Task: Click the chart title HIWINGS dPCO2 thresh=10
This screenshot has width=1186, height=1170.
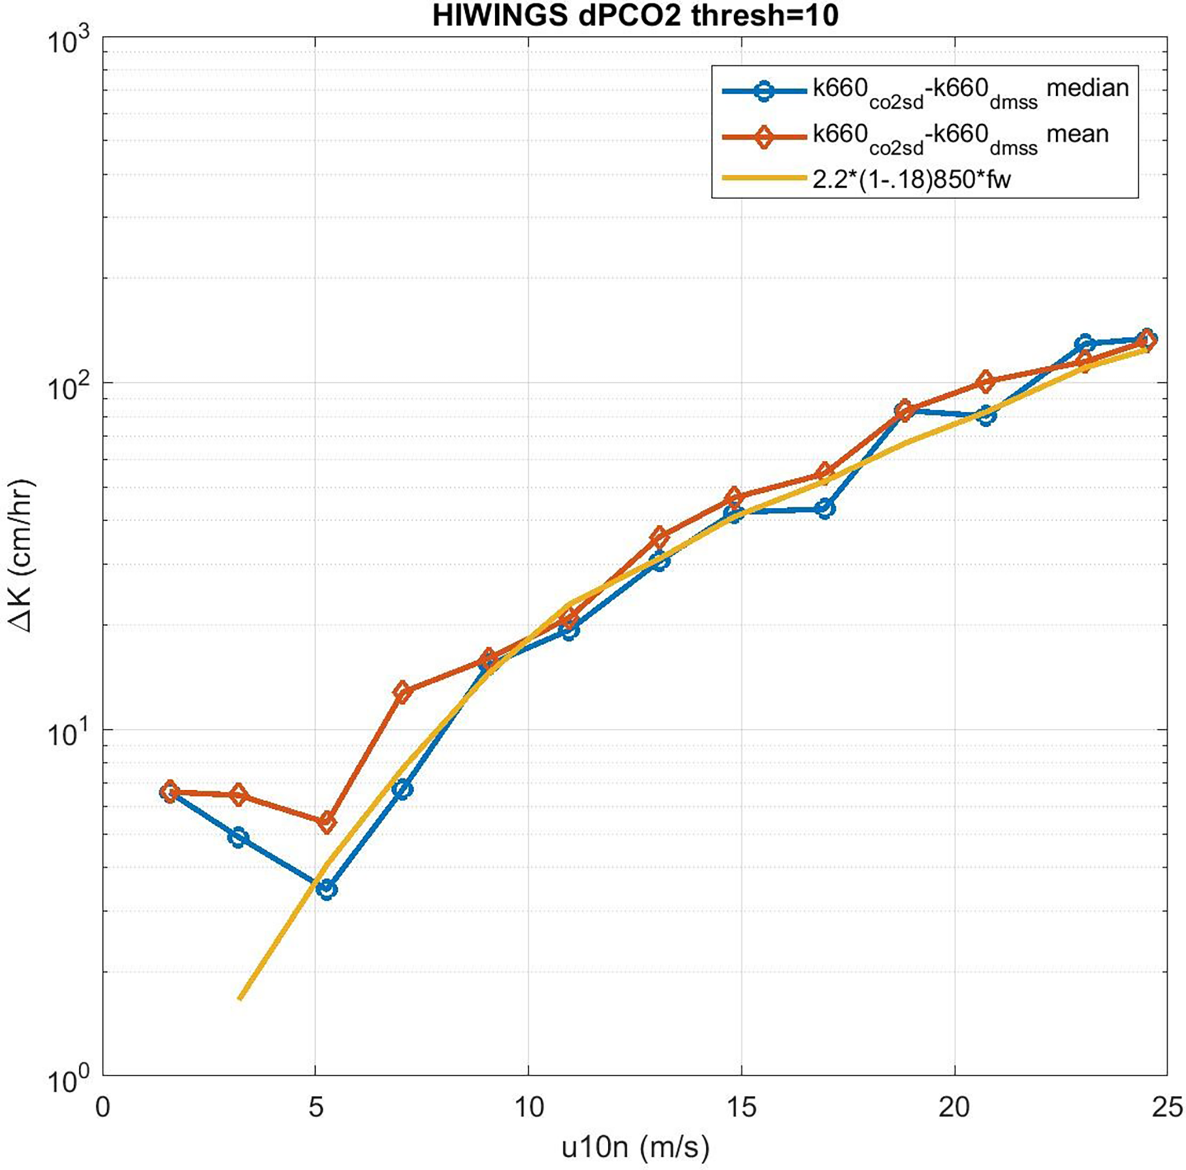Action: (635, 17)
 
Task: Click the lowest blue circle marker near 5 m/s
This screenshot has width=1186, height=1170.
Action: (327, 889)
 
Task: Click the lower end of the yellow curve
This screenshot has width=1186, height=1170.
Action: (240, 998)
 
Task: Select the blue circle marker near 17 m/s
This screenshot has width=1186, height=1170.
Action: (826, 508)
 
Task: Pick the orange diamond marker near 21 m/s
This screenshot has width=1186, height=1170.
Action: (986, 381)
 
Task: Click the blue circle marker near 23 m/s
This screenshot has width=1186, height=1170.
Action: (1085, 344)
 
